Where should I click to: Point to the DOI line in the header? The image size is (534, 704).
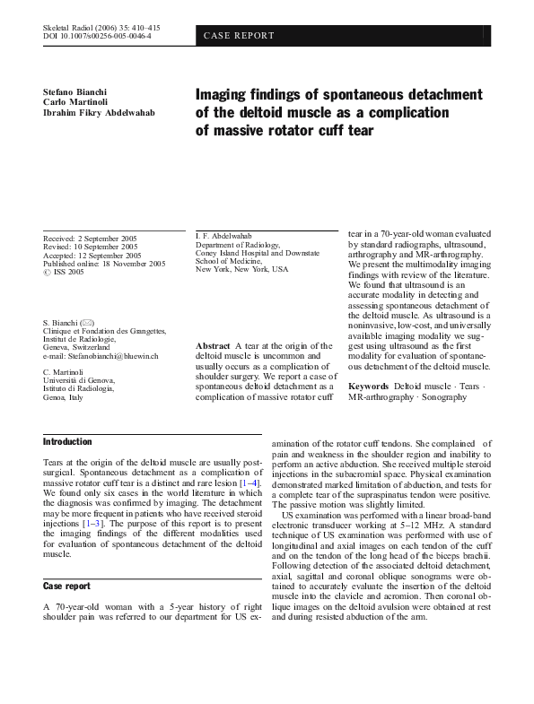coord(97,37)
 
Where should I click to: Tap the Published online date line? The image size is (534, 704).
coord(104,264)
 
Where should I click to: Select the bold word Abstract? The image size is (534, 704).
coord(213,345)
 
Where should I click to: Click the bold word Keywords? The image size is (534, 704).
coord(368,385)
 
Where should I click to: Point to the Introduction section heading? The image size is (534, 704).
coord(67,441)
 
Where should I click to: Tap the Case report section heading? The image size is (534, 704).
coord(66,586)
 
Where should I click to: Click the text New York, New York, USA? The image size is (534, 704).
coord(241,269)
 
